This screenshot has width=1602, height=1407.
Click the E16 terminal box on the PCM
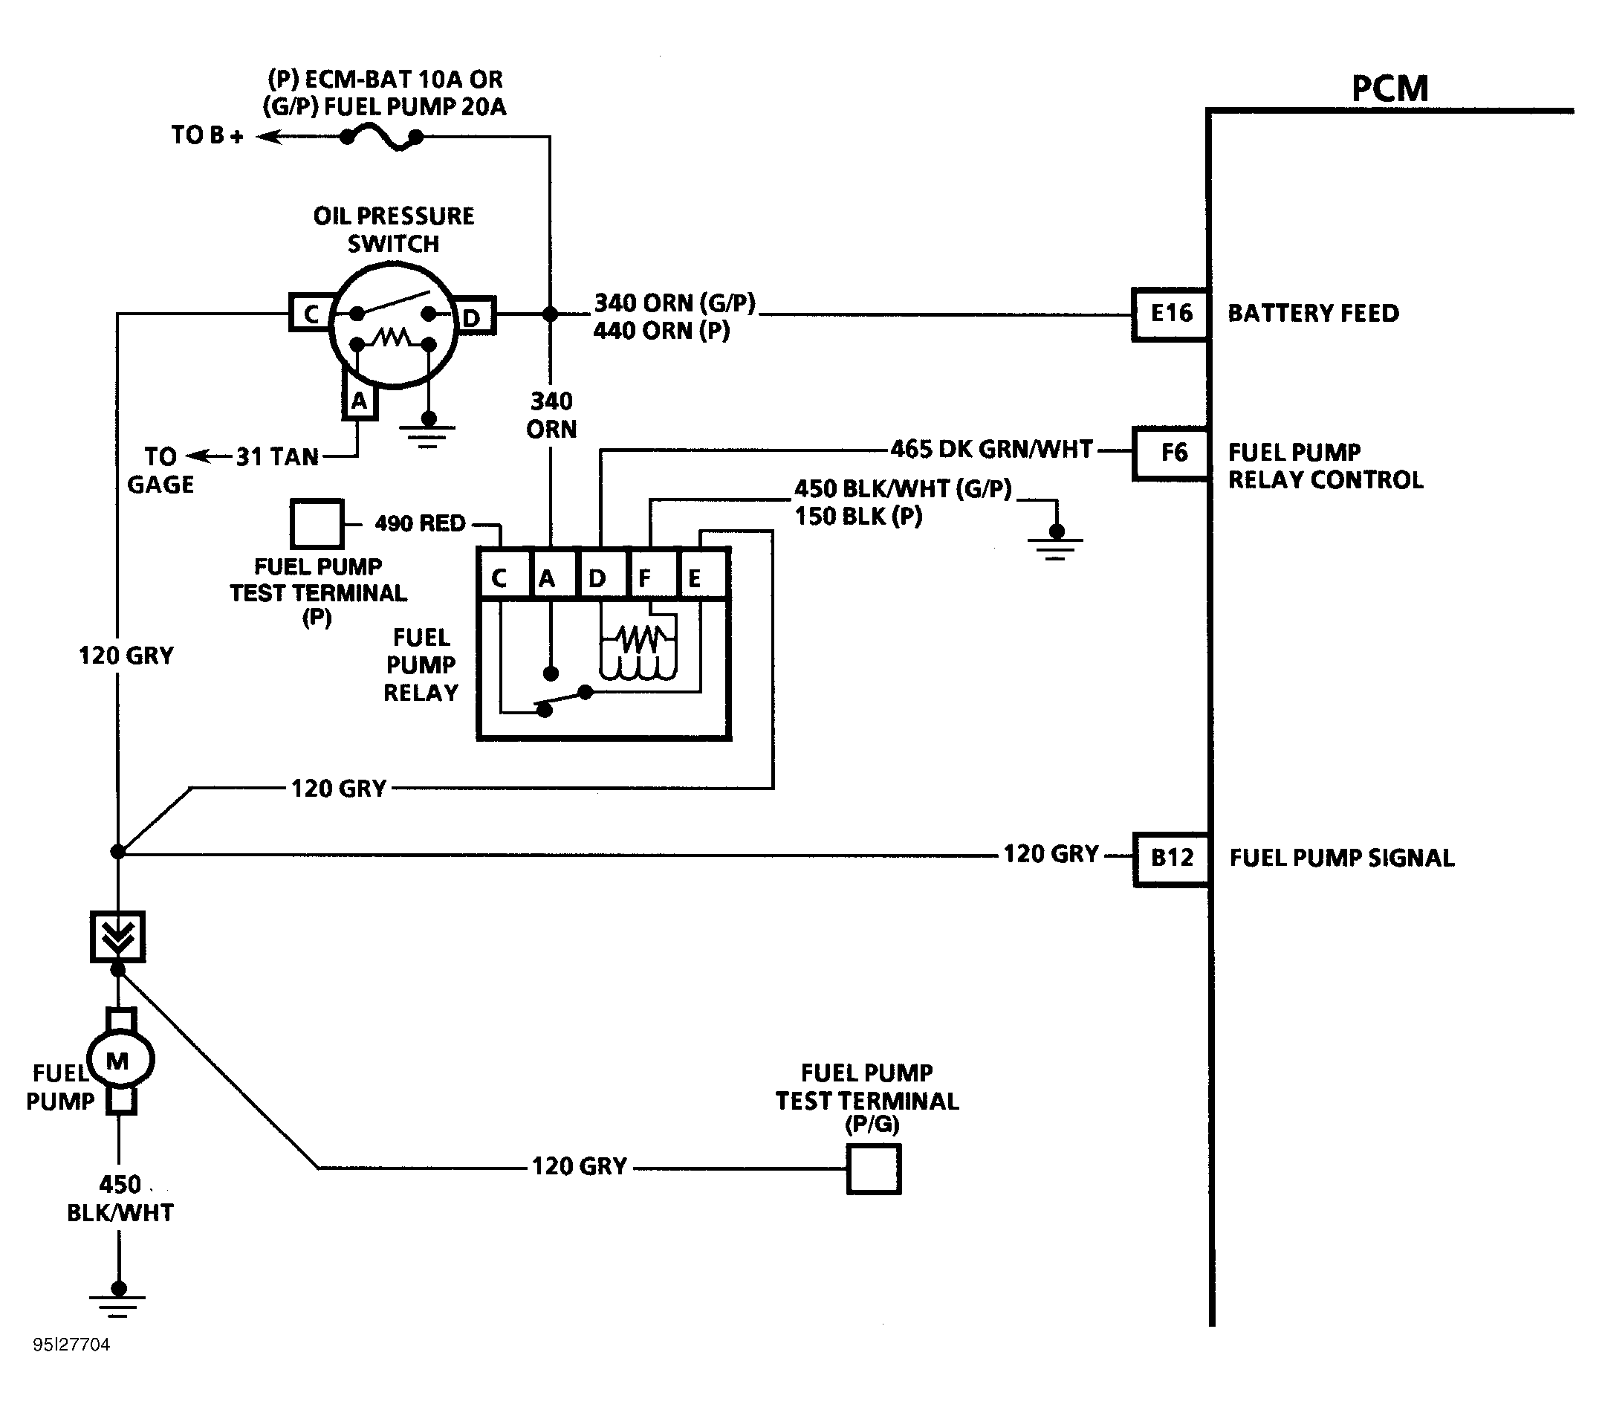(x=1171, y=314)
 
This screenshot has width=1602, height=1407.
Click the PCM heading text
(x=1389, y=88)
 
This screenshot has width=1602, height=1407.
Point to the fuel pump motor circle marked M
(x=118, y=1061)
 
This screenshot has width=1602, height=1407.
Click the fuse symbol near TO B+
(x=381, y=139)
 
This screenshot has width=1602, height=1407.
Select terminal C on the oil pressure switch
(x=311, y=314)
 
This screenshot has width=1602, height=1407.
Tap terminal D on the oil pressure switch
(x=472, y=317)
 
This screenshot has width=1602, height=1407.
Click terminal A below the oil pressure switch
(x=359, y=401)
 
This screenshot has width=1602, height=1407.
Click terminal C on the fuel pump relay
(x=503, y=576)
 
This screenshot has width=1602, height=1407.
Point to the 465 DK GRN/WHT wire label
(x=991, y=449)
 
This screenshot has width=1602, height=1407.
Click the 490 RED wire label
(x=420, y=523)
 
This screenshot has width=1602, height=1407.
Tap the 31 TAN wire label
(x=277, y=456)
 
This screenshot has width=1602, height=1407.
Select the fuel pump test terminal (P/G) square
(x=873, y=1168)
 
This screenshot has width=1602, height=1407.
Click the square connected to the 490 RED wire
(x=317, y=523)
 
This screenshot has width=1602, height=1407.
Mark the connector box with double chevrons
(x=117, y=936)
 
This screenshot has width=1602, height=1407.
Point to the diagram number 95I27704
(x=71, y=1345)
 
